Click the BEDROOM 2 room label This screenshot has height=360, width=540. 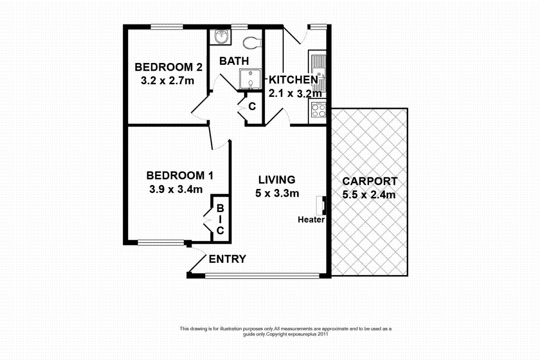(x=169, y=67)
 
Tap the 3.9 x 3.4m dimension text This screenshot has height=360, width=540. (x=175, y=189)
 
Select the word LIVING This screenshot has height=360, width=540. (x=277, y=180)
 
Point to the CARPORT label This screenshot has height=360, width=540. (x=370, y=181)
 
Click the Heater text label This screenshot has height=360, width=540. (x=311, y=220)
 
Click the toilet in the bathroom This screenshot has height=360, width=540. (x=252, y=42)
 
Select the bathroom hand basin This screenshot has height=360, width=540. (x=220, y=37)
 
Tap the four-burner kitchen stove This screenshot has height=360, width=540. (x=318, y=110)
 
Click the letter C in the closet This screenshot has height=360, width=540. (x=252, y=107)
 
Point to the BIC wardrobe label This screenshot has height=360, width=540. (x=220, y=220)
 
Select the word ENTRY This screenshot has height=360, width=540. (x=228, y=259)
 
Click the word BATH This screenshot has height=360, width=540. (x=234, y=61)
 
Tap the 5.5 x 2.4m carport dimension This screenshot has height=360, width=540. (x=370, y=195)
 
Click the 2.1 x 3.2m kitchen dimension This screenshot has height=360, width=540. (x=296, y=94)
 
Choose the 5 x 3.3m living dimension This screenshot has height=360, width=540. (x=277, y=193)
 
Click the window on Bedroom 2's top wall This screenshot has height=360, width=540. (x=166, y=27)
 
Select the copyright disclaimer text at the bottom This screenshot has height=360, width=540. (x=286, y=331)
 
